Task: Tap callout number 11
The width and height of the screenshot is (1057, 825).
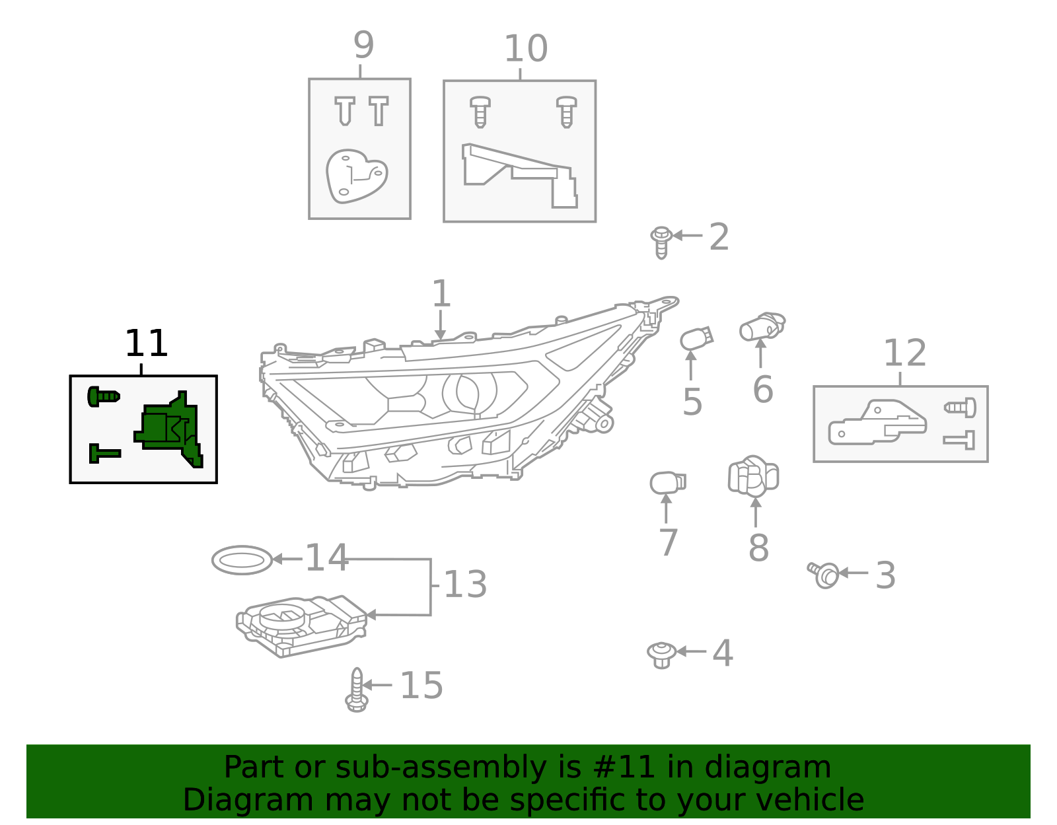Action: [146, 344]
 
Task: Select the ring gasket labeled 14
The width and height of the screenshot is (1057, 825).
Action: [242, 560]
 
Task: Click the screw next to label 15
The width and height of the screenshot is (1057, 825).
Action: [357, 690]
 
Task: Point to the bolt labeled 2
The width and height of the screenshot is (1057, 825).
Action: [661, 242]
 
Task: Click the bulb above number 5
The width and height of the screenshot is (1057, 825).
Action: [696, 339]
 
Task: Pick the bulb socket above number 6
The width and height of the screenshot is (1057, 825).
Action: [762, 326]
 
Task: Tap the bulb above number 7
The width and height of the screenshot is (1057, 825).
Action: [667, 483]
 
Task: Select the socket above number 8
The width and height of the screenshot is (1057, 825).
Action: [753, 476]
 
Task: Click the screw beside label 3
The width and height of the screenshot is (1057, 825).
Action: [824, 574]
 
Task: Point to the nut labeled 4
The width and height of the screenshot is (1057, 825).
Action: [661, 654]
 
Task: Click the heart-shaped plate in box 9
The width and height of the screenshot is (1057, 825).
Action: [355, 176]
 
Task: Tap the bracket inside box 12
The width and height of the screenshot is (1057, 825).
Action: [877, 423]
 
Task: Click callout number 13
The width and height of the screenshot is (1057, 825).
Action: [465, 585]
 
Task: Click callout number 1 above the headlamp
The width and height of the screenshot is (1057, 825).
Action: [441, 294]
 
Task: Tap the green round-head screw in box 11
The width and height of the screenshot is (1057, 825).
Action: [103, 396]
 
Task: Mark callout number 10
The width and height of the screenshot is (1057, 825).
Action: [525, 49]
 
